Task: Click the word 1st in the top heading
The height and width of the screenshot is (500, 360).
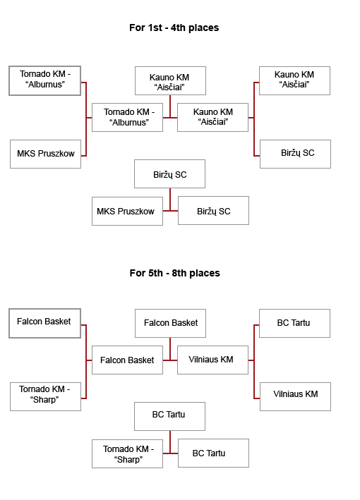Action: [x=155, y=28]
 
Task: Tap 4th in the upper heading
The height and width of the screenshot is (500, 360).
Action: [x=178, y=28]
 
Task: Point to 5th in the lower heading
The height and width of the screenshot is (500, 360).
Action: [x=155, y=274]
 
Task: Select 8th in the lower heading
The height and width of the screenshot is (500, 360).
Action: [x=179, y=274]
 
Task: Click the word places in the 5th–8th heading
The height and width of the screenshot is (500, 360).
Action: [x=205, y=274]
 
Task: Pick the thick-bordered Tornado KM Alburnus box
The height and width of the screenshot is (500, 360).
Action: [x=44, y=80]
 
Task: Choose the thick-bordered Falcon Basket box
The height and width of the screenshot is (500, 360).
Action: [x=44, y=323]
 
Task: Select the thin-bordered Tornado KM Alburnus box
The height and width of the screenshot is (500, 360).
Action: [x=127, y=117]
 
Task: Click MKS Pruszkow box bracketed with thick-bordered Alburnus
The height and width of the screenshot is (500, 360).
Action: [x=45, y=154]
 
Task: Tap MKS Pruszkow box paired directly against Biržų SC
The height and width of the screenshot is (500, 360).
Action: [x=127, y=211]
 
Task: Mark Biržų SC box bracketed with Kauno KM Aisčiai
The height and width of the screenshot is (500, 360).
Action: [x=295, y=154]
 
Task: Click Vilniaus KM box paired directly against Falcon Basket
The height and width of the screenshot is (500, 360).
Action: [x=213, y=360]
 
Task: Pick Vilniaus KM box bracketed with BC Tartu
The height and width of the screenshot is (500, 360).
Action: [x=295, y=396]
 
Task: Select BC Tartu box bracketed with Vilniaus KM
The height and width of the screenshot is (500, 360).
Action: [x=294, y=323]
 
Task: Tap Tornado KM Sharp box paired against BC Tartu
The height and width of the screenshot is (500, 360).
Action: [x=127, y=453]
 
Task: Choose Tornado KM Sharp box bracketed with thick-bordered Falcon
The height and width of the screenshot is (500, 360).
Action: [x=45, y=396]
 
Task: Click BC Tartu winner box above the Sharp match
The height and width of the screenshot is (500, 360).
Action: [x=170, y=416]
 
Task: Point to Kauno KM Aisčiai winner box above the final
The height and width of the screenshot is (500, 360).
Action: [x=170, y=80]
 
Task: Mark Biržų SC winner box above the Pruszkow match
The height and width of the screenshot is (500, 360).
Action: [x=170, y=173]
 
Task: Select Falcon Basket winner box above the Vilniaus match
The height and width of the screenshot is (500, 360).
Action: [x=170, y=323]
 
